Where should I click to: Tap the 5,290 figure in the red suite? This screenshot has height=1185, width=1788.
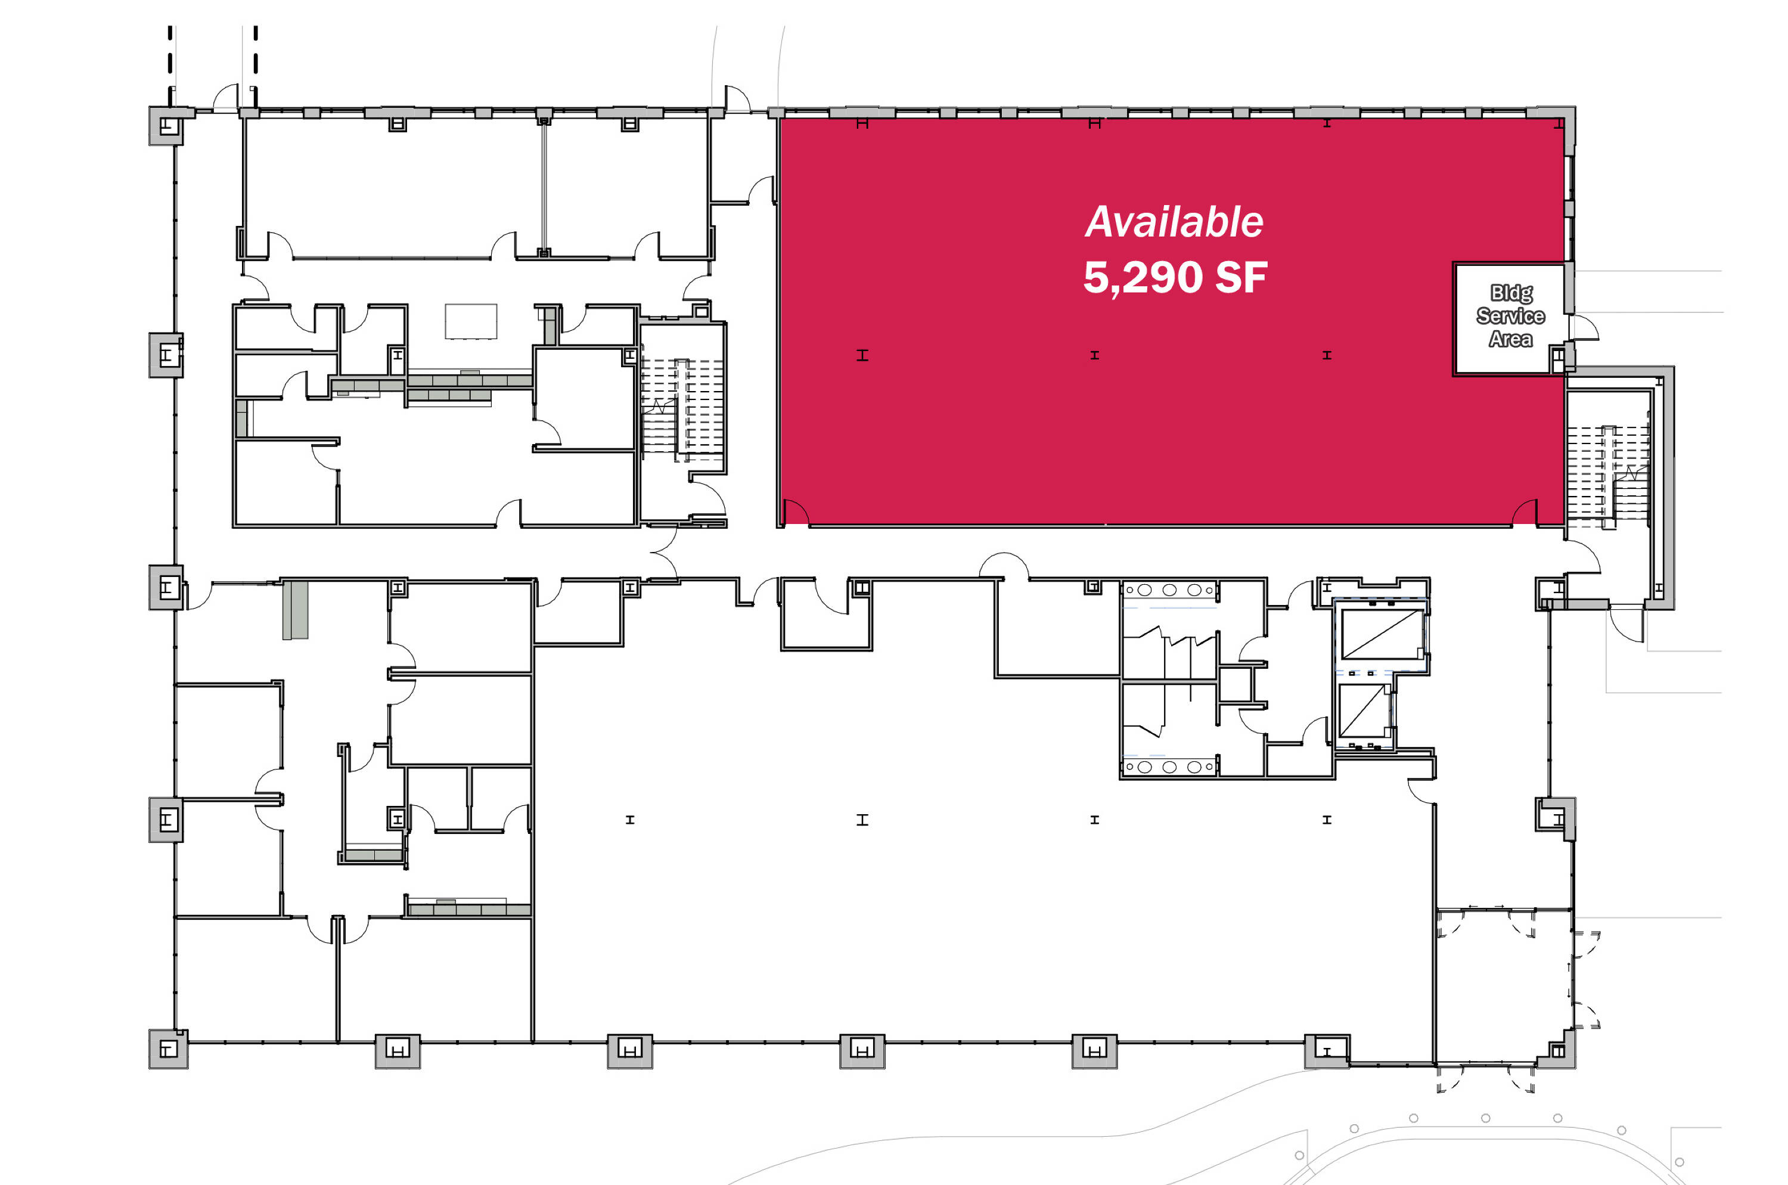1143,277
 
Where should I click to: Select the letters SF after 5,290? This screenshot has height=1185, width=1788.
1241,277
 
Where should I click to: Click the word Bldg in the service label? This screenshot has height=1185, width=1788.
1511,293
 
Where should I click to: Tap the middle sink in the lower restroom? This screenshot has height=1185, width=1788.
1169,767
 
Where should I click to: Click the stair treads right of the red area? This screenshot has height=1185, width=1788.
1607,472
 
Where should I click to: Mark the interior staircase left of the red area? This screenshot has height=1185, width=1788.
682,408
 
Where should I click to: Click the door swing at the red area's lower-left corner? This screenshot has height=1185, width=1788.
796,513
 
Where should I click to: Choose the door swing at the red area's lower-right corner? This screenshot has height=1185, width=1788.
1524,513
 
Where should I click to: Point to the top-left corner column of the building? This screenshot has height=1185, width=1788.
167,125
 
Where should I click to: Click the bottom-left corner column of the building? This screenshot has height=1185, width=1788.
167,1049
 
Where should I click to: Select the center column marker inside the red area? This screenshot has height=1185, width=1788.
1094,355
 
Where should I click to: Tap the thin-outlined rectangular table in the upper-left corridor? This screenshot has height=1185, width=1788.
471,321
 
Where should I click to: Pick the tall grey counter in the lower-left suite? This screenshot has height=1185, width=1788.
296,610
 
